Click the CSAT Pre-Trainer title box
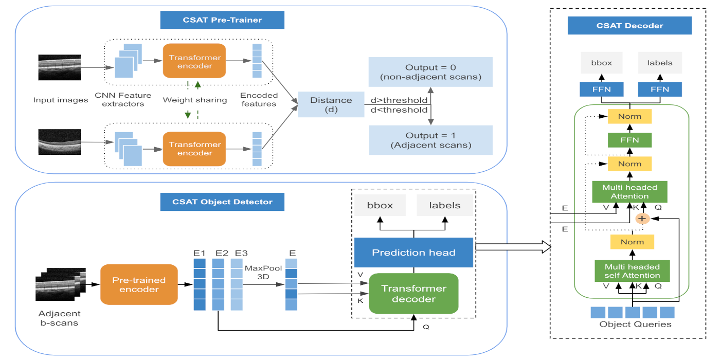pyautogui.click(x=222, y=20)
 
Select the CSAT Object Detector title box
pyautogui.click(x=222, y=202)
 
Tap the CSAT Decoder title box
pyautogui.click(x=629, y=26)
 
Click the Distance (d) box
pyautogui.click(x=331, y=105)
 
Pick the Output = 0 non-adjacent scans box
pyautogui.click(x=430, y=72)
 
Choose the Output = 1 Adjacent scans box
pyautogui.click(x=430, y=140)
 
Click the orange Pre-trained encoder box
pyautogui.click(x=138, y=285)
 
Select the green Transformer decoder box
pyautogui.click(x=413, y=294)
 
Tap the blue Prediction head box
pyautogui.click(x=413, y=253)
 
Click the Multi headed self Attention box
pyautogui.click(x=632, y=271)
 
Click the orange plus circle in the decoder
pyautogui.click(x=641, y=219)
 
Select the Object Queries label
pyautogui.click(x=632, y=325)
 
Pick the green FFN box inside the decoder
pyautogui.click(x=629, y=140)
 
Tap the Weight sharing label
pyautogui.click(x=195, y=100)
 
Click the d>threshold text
pyautogui.click(x=399, y=100)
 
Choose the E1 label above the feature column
pyautogui.click(x=200, y=253)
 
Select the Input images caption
pyautogui.click(x=61, y=100)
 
